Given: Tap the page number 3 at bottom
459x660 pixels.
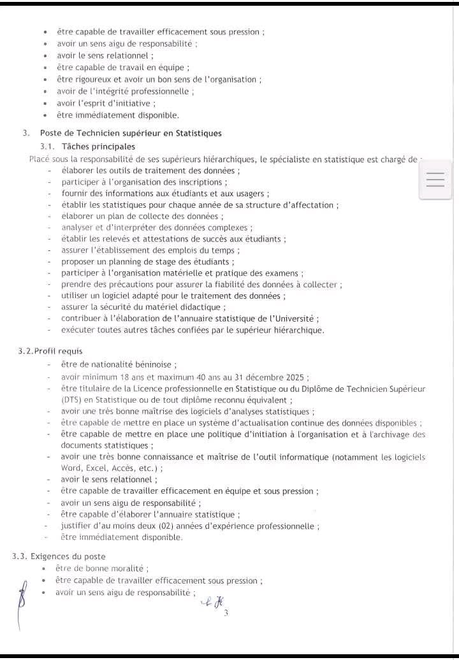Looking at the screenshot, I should pos(226,613).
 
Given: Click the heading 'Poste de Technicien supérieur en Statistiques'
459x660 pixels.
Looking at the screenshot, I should pos(131,133).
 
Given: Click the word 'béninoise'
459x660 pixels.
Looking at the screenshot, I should pos(151,364).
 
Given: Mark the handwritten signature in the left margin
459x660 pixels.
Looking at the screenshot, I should pos(24,596).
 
